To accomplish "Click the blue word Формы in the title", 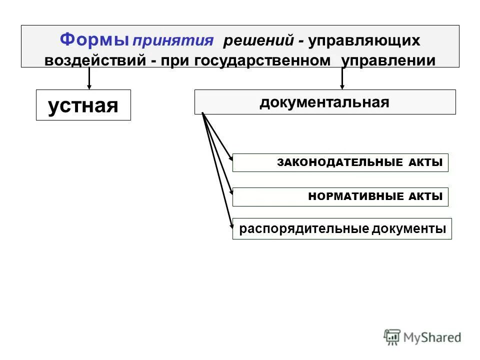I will (x=94, y=39).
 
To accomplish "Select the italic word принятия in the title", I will (x=172, y=41).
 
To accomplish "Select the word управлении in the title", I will (x=388, y=60).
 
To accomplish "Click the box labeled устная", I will (x=83, y=105).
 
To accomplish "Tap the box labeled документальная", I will (x=324, y=102).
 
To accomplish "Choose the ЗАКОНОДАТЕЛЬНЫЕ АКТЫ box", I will (x=340, y=162).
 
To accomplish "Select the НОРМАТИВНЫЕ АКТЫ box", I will (x=340, y=197).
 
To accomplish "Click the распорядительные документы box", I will (x=342, y=229).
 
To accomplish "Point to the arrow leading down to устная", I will (x=89, y=78).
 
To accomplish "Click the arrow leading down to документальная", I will (x=342, y=78).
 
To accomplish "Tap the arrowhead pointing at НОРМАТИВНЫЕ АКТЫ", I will (x=230, y=191).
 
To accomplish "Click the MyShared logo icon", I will (x=392, y=337).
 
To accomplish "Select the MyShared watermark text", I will (x=432, y=337).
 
